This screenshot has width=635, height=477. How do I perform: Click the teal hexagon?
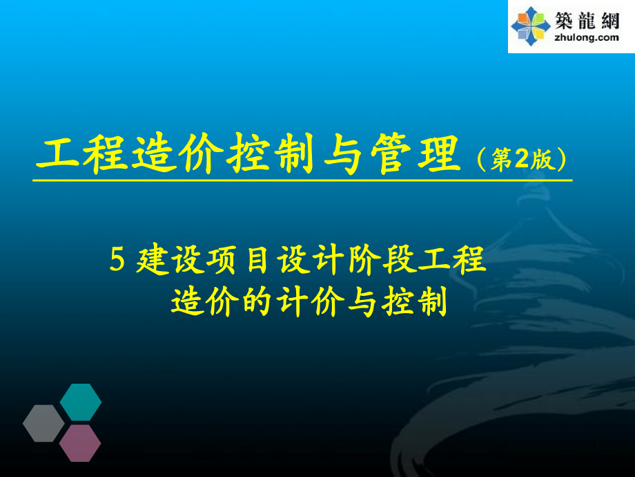pyautogui.click(x=81, y=402)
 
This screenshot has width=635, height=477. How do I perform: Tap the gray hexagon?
pyautogui.click(x=43, y=423)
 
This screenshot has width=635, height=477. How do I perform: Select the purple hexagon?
pyautogui.click(x=80, y=443)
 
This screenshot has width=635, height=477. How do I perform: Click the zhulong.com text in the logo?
pyautogui.click(x=587, y=38)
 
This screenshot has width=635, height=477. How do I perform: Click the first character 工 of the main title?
pyautogui.click(x=57, y=155)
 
